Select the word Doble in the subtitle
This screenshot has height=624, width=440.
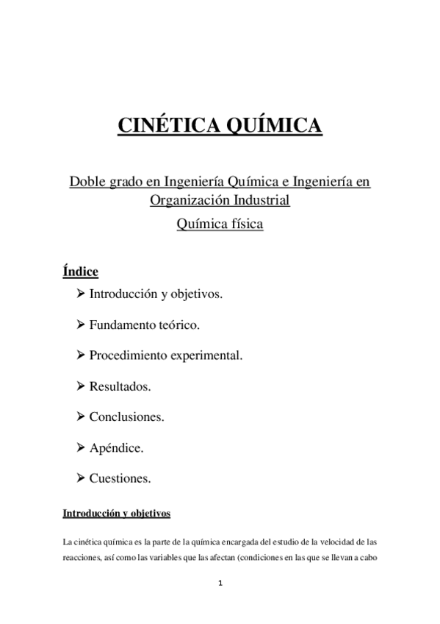tap(87, 181)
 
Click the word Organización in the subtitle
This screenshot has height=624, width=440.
tap(190, 199)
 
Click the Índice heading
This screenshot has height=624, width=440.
tap(81, 272)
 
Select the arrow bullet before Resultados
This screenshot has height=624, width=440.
tap(81, 385)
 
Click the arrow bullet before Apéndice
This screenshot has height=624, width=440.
tap(81, 447)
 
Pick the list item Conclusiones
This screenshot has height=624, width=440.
tap(126, 416)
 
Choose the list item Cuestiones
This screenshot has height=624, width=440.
tap(120, 478)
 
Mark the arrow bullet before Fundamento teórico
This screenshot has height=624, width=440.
tap(81, 324)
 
